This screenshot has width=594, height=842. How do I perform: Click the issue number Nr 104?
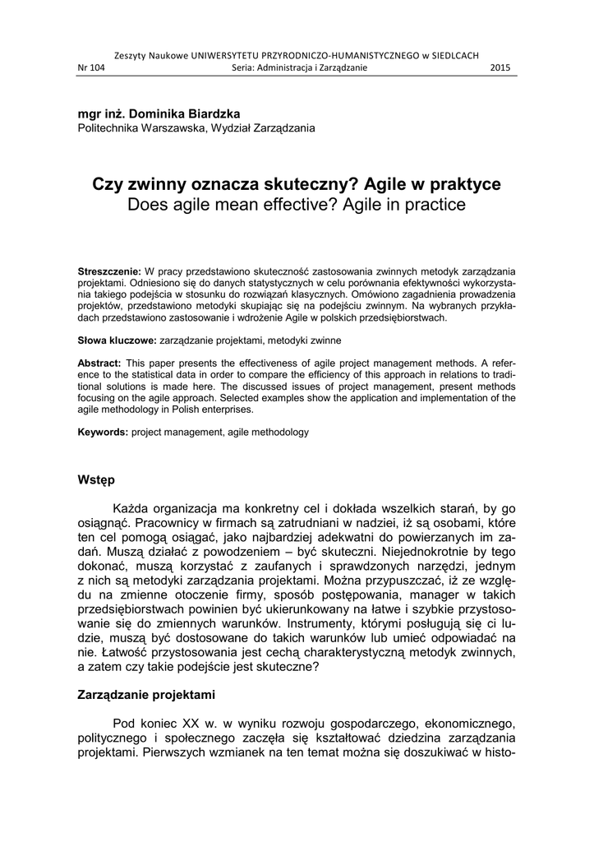(x=93, y=67)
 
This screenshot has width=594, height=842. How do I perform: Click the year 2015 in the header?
(x=500, y=67)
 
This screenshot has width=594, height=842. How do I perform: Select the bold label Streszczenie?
(x=109, y=271)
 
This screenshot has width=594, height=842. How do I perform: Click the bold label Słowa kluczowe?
(x=116, y=339)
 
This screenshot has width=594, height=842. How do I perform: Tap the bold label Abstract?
(x=99, y=363)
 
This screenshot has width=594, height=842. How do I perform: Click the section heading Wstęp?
(x=96, y=479)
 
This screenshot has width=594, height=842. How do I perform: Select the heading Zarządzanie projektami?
(x=146, y=695)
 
